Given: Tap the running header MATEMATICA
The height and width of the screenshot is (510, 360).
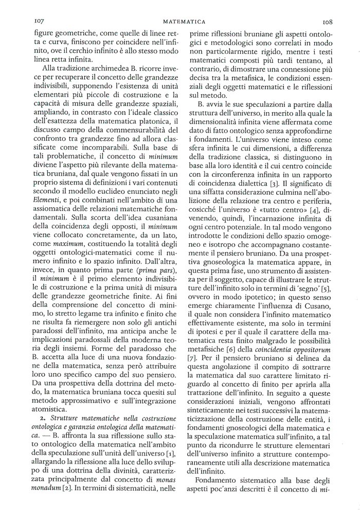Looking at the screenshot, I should coord(184,22).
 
